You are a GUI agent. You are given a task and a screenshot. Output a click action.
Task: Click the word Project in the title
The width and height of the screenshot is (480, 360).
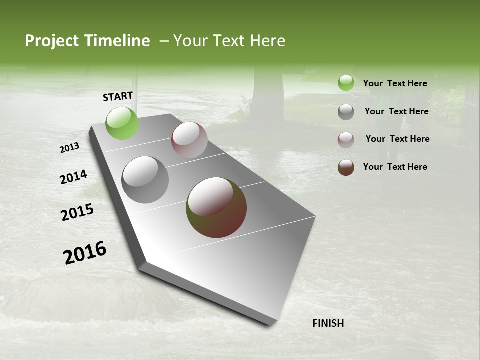(50, 41)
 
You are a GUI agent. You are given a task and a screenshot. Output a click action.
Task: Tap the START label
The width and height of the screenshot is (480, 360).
(118, 96)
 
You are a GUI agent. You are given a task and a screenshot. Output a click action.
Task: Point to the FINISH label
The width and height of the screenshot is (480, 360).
(328, 323)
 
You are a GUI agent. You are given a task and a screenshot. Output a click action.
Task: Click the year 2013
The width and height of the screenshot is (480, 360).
(70, 148)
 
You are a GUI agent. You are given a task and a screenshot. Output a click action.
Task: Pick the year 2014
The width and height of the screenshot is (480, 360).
(73, 177)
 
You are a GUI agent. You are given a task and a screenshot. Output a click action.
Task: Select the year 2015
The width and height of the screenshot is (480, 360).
(77, 212)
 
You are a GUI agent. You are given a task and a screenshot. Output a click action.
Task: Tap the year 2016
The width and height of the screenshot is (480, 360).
(85, 253)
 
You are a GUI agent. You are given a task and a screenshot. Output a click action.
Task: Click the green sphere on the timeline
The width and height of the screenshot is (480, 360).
(122, 123)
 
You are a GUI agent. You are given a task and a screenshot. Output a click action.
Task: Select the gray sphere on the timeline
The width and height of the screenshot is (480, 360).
(145, 180)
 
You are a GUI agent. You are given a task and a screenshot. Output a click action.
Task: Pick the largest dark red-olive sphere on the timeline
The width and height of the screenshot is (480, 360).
(216, 207)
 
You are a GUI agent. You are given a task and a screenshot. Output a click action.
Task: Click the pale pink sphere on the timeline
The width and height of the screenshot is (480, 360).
(189, 140)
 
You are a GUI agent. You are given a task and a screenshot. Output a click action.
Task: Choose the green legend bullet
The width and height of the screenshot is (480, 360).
(346, 83)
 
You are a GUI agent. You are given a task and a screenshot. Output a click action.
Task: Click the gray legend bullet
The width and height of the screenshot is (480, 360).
(346, 112)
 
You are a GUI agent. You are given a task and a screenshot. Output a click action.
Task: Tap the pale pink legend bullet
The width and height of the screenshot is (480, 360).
(346, 140)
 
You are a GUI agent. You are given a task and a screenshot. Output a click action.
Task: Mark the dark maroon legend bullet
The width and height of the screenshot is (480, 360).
(346, 167)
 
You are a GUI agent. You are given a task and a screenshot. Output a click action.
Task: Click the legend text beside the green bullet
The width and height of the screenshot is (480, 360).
(395, 83)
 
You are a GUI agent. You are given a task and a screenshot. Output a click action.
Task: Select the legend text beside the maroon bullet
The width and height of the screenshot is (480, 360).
(395, 167)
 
